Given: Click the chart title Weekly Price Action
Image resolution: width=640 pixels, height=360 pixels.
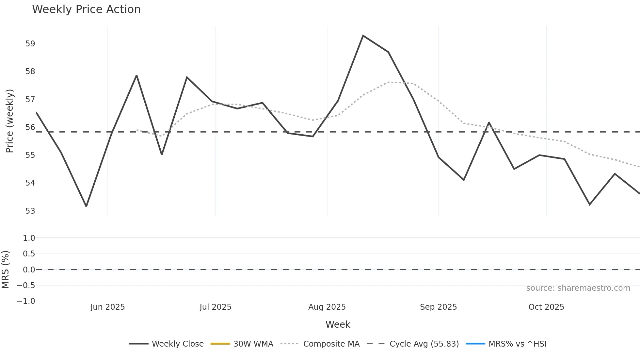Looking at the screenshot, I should (x=86, y=9).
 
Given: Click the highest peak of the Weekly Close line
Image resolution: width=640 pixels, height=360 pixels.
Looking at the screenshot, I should (x=363, y=36).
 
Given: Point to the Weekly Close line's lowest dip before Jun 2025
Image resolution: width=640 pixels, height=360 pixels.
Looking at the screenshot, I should (x=86, y=206).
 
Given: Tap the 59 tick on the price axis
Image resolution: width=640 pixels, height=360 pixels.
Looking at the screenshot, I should (x=30, y=44).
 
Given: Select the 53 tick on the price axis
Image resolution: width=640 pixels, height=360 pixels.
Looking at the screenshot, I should (x=30, y=211).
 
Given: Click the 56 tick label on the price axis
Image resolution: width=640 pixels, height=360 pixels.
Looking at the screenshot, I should (x=30, y=127).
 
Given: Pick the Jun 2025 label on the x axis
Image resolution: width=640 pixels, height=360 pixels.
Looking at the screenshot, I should (x=107, y=307).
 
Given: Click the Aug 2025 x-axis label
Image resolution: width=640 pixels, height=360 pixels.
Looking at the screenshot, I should (x=327, y=307).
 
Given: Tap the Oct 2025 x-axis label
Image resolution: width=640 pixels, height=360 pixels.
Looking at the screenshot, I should (x=546, y=307).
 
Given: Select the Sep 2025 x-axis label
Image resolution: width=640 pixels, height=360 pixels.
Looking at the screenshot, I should (x=438, y=307).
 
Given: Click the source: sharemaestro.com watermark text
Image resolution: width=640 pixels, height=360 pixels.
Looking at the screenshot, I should (x=578, y=288).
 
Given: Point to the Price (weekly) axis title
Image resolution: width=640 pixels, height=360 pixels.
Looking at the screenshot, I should (x=9, y=121).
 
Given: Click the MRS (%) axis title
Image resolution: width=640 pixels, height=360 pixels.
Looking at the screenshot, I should (x=5, y=270).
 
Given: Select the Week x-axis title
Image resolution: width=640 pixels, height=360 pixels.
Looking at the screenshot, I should (x=338, y=324).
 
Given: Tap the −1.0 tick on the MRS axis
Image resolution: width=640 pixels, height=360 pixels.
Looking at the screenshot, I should (x=26, y=301).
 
